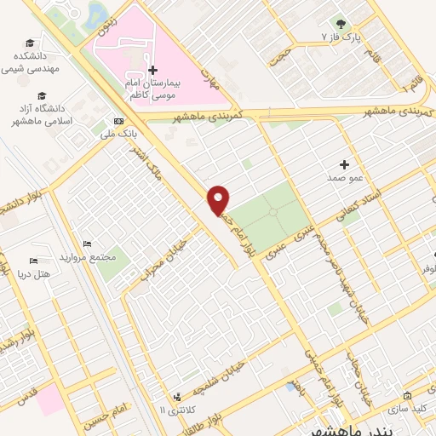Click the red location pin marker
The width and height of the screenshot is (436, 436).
tap(219, 198)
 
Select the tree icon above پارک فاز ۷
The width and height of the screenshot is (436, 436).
tap(341, 23)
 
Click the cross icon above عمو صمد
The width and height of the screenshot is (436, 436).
tap(344, 164)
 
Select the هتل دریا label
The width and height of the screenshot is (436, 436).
tap(35, 274)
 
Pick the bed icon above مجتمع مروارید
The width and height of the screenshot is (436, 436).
tap(87, 244)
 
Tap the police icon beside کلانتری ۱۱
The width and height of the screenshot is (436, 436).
tap(177, 397)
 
